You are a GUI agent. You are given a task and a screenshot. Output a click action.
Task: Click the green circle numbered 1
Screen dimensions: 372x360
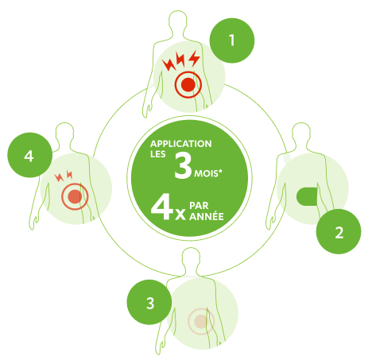pos(232,41)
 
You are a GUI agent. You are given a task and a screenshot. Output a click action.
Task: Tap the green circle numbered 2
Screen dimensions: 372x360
pos(339,231)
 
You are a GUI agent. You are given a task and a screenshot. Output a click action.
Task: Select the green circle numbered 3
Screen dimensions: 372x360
pos(149,302)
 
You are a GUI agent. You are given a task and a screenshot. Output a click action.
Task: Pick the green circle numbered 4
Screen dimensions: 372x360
pos(29,155)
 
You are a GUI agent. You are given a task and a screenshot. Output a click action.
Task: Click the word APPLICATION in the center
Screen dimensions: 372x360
pos(181,144)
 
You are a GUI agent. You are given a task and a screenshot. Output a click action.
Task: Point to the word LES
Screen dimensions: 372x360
pos(158,154)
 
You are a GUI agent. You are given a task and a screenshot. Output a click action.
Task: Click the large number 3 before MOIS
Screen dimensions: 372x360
pos(183,166)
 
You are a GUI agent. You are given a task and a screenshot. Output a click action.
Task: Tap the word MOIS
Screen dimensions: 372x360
pos(208,173)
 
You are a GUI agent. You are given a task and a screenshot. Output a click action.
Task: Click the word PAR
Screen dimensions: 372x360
pos(199,206)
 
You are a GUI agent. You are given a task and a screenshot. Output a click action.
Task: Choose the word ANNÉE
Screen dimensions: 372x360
pos(207,216)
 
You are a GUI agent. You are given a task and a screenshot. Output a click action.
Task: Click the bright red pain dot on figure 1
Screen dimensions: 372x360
pos(188,85)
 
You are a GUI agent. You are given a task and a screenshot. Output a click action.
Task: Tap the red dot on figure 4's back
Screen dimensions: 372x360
pos(75,197)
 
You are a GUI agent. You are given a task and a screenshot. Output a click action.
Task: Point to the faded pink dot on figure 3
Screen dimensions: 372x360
pos(201,321)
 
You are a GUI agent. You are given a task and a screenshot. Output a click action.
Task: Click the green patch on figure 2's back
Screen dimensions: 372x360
pos(307,196)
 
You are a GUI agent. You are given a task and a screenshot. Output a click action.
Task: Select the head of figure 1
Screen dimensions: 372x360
pos(177,21)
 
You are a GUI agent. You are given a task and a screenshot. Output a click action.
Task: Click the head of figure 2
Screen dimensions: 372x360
pos(300,133)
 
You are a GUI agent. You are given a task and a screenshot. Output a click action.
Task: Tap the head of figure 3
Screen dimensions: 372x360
pos(191,257)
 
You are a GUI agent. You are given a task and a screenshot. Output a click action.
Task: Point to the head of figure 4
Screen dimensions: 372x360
pos(64,133)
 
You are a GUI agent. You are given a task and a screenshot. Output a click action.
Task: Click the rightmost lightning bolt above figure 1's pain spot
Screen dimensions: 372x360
pos(195,58)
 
